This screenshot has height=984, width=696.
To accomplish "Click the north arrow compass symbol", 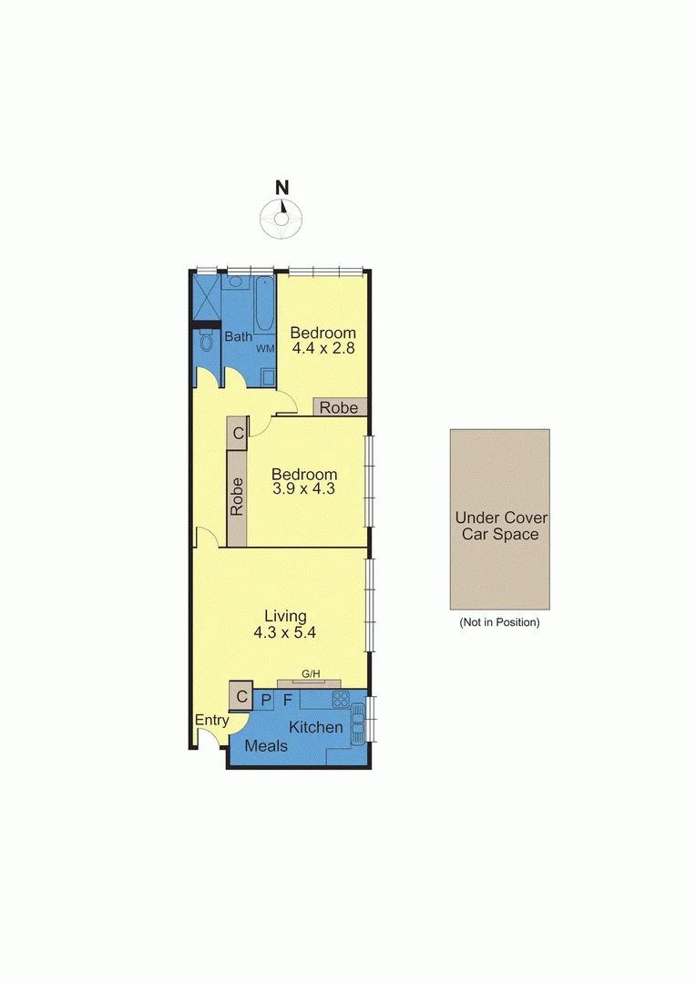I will (282, 216).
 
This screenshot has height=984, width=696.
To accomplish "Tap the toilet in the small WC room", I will (205, 343).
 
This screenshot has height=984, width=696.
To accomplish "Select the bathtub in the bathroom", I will (265, 305).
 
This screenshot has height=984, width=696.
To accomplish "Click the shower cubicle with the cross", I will (206, 296).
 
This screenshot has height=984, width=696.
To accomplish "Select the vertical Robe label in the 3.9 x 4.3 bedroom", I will (237, 497).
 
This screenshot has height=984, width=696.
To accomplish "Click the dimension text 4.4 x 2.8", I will (322, 348).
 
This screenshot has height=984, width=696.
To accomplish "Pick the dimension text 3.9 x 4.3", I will (304, 489).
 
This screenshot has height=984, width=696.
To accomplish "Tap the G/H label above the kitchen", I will (311, 674).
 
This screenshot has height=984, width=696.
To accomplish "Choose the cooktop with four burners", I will (341, 700).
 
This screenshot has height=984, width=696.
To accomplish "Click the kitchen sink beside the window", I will (358, 722).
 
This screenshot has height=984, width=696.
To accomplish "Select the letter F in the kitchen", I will (288, 701).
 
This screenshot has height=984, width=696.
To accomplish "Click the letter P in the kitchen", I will (265, 701).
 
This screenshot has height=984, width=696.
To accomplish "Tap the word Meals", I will (266, 746).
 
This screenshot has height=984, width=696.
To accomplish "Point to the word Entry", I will (212, 720).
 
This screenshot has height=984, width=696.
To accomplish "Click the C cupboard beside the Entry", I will (241, 697).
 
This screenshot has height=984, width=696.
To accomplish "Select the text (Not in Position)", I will (499, 623).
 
